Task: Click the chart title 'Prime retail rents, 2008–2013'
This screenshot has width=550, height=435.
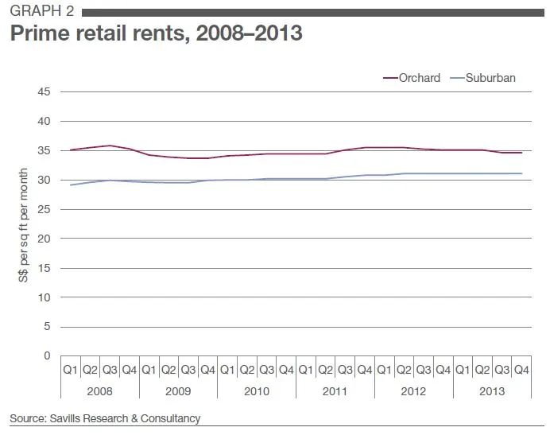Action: pyautogui.click(x=155, y=35)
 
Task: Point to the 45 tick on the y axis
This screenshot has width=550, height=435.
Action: pyautogui.click(x=45, y=92)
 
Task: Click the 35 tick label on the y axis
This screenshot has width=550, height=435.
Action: pyautogui.click(x=45, y=151)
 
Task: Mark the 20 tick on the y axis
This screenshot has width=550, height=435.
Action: pyautogui.click(x=45, y=239)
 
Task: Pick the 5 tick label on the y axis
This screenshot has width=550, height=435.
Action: pyautogui.click(x=48, y=327)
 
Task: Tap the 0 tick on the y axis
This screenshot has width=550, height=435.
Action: pyautogui.click(x=48, y=355)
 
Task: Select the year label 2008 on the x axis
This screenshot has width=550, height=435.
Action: pyautogui.click(x=99, y=391)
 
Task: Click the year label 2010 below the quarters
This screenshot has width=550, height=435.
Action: pyautogui.click(x=256, y=391)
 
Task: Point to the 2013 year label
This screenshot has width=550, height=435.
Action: pyautogui.click(x=491, y=391)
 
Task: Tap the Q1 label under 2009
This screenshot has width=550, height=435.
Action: pyautogui.click(x=149, y=371)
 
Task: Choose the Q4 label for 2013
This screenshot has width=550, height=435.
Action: pyautogui.click(x=521, y=371)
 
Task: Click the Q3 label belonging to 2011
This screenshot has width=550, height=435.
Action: pyautogui.click(x=345, y=371)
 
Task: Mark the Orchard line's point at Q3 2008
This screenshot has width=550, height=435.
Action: pyautogui.click(x=109, y=146)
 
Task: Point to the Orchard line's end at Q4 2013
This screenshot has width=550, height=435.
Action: pyautogui.click(x=521, y=153)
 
